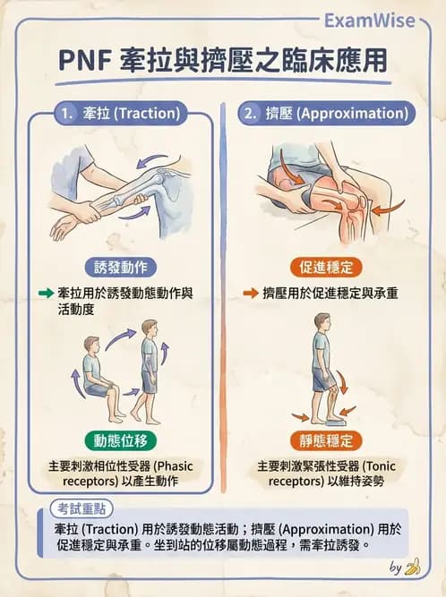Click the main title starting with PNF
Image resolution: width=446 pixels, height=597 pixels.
click(223, 60)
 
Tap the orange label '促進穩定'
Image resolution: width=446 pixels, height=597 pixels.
click(325, 266)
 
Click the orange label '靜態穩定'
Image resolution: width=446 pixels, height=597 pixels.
click(325, 440)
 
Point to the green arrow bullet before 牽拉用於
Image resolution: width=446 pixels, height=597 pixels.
click(46, 293)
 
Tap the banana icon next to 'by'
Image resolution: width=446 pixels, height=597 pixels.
click(413, 567)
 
